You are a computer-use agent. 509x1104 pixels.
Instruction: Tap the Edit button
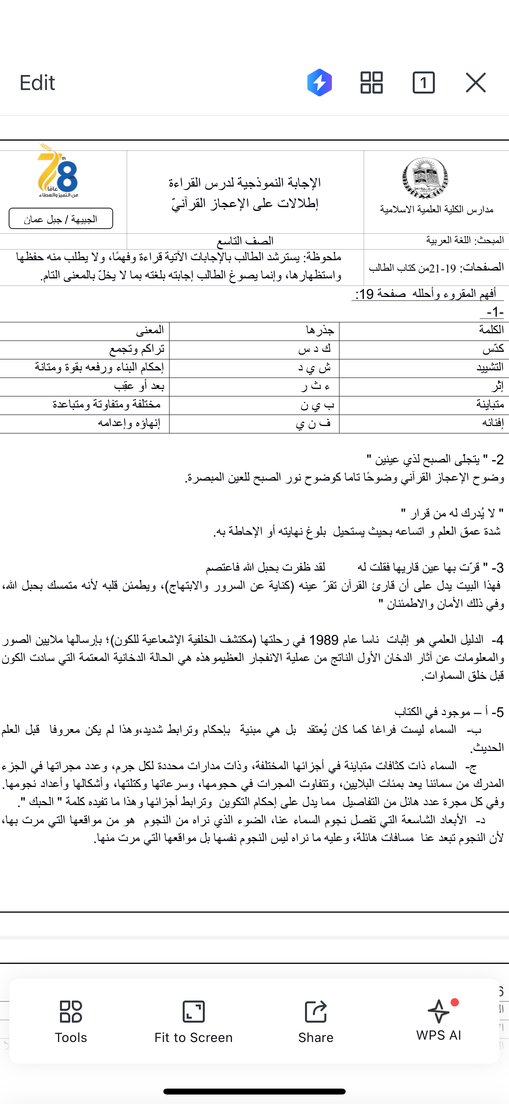(x=37, y=83)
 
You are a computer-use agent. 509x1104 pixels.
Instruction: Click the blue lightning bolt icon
(x=320, y=82)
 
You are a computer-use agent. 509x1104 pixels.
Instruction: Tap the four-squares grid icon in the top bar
(x=371, y=82)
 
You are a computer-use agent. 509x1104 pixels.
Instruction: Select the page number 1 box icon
(x=423, y=82)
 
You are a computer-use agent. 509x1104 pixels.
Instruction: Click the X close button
(x=475, y=82)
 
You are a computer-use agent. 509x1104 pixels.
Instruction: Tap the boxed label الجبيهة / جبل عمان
(x=61, y=219)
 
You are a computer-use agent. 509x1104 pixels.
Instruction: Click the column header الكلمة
(x=491, y=330)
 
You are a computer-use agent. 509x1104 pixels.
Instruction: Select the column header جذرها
(x=320, y=330)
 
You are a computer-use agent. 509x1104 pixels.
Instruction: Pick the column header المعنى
(x=150, y=330)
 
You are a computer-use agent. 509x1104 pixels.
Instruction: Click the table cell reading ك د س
(x=315, y=349)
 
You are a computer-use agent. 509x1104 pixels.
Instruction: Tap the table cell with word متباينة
(x=490, y=405)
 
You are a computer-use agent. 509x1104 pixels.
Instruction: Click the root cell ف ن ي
(x=313, y=423)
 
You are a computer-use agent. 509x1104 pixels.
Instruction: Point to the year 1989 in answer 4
(x=324, y=640)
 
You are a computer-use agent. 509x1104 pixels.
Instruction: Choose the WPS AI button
(x=438, y=1020)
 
